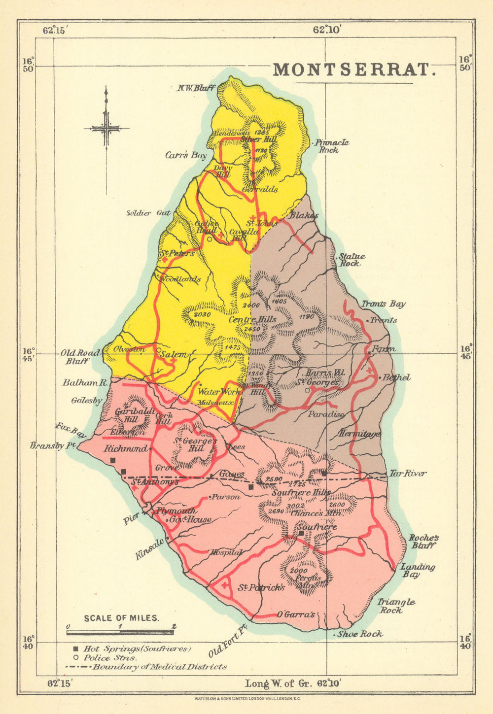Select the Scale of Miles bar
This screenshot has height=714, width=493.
[120, 632]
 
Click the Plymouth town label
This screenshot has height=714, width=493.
[176, 511]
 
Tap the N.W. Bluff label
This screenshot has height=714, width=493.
[196, 88]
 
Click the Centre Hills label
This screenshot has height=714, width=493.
[252, 319]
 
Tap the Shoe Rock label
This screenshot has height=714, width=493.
[360, 634]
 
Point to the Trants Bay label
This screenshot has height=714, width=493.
[383, 304]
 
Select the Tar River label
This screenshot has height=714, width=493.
[407, 474]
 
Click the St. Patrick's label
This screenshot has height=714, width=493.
[261, 587]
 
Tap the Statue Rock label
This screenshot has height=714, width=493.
[352, 260]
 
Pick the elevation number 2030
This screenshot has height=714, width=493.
[202, 314]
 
